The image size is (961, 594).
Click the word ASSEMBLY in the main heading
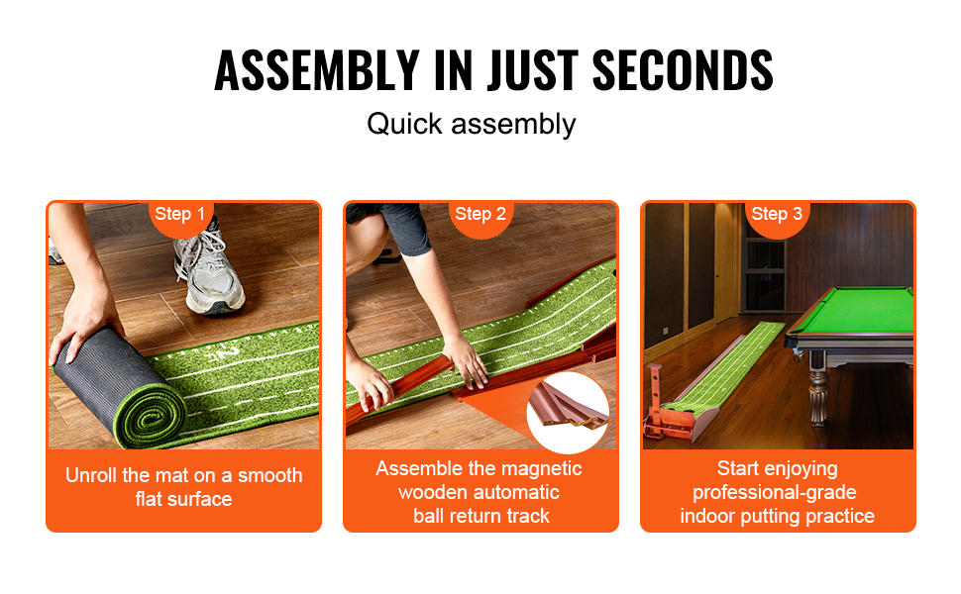[317, 70]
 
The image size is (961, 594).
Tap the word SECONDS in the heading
[683, 70]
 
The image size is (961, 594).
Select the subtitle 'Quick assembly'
[472, 125]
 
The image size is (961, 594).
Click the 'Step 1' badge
[180, 215]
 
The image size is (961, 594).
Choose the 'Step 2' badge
[480, 215]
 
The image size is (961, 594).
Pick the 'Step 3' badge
[777, 215]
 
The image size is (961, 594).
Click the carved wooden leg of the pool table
[818, 392]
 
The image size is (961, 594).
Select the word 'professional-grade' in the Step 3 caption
[774, 493]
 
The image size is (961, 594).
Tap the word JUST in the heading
[532, 70]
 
